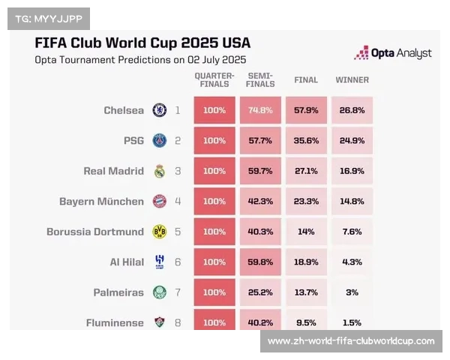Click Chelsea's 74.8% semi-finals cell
click(260, 110)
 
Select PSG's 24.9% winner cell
click(352, 140)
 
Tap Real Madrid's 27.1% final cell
click(306, 171)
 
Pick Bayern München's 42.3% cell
click(260, 201)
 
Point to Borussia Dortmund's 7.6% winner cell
click(352, 232)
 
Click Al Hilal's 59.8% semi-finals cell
click(260, 262)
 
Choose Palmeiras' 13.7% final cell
click(306, 292)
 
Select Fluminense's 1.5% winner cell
click(352, 322)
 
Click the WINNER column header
click(352, 79)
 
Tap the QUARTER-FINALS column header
click(214, 79)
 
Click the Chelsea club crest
click(159, 110)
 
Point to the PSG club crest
click(159, 140)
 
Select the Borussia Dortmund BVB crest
click(159, 232)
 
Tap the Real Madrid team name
click(113, 171)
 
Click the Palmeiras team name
click(118, 292)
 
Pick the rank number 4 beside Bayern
click(178, 201)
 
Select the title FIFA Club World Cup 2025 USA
click(142, 43)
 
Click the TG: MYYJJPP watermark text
click(47, 18)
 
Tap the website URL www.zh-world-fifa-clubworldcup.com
click(351, 341)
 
